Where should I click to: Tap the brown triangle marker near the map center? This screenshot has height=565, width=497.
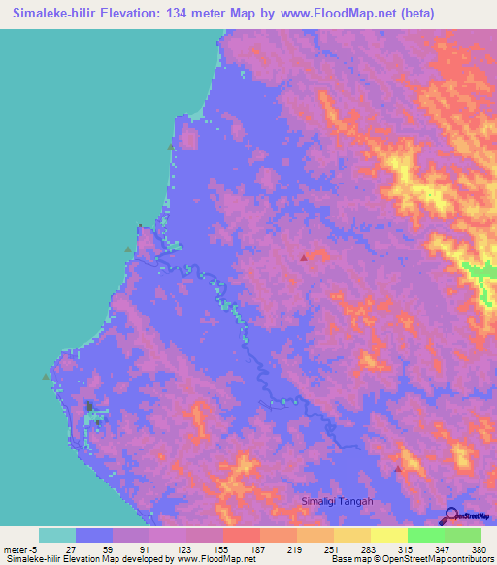click(304, 257)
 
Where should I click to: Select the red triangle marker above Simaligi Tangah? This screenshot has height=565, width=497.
click(397, 469)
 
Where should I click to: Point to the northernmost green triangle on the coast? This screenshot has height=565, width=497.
click(171, 145)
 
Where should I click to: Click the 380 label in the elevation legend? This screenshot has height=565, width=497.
click(480, 548)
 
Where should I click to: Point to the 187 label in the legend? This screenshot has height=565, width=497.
click(258, 548)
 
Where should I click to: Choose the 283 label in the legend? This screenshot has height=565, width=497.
click(369, 548)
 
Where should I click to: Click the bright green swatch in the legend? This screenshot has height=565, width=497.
click(425, 535)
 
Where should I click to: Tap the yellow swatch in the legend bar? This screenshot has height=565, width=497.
click(388, 535)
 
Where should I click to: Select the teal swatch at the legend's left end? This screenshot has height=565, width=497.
click(56, 535)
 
